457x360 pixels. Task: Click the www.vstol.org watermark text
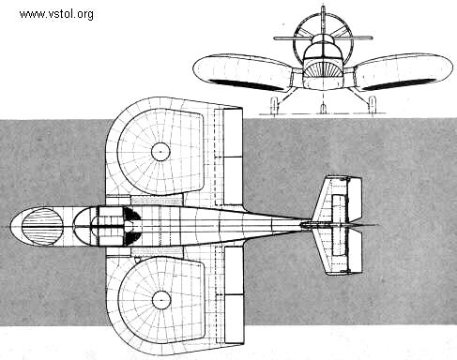56,14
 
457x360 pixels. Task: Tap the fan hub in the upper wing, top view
160,150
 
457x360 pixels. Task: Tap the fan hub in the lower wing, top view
160,300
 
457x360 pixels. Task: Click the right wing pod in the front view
404,71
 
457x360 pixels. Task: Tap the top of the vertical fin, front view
322,9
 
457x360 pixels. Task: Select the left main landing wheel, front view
274,103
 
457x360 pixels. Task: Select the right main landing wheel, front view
372,103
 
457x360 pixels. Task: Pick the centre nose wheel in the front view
323,107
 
